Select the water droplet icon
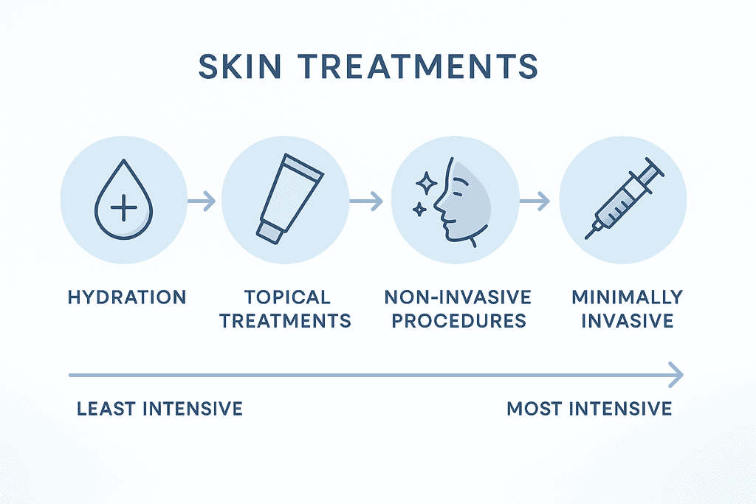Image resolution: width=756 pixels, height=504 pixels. tap(123, 199)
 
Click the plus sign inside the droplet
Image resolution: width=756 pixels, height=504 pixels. tap(123, 207)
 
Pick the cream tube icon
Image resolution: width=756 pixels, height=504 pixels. tap(289, 198)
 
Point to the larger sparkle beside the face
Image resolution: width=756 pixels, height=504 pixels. tap(426, 183)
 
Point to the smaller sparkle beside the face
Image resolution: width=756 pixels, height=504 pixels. tap(419, 209)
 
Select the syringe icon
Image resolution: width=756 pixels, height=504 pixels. tap(625, 198)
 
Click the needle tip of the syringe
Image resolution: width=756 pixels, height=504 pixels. tap(587, 237)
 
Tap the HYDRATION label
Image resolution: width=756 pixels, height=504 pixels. tap(127, 297)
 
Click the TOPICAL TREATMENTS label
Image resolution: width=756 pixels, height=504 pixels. tap(286, 309)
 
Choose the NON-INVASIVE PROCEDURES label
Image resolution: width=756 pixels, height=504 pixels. tap(458, 309)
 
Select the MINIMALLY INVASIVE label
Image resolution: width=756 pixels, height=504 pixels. tap(627, 309)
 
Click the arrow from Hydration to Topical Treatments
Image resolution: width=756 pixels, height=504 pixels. tap(202, 201)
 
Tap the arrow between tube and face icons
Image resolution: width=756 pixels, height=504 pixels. tap(366, 201)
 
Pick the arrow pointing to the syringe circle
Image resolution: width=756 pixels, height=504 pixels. tap(535, 201)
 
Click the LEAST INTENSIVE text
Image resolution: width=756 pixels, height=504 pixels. tap(159, 409)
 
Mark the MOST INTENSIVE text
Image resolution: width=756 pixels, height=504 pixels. tap(589, 409)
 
